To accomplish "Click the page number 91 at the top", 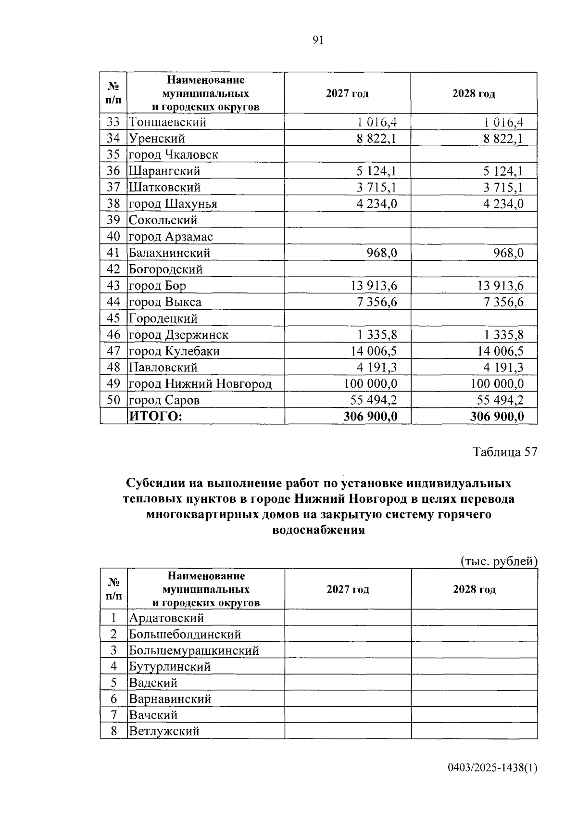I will (318, 40).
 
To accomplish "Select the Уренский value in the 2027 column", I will (376, 139).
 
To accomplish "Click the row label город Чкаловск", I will (173, 155).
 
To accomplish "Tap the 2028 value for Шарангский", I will (503, 171).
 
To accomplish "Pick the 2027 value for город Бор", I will (374, 286).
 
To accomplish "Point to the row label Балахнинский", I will (169, 253).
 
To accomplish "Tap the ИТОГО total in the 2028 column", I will (497, 417).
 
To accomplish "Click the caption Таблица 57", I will (504, 452).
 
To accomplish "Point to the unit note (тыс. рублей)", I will (499, 561).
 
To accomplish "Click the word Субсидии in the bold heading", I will (154, 483).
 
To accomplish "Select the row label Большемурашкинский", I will (194, 650).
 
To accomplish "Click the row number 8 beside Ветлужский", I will (113, 731).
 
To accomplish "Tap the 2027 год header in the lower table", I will (348, 589).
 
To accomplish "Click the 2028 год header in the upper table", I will (474, 93).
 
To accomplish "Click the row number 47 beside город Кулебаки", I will (113, 351).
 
